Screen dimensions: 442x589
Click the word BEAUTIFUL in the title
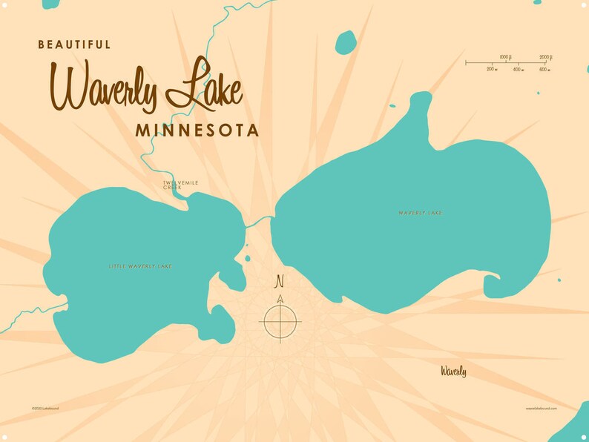(74, 45)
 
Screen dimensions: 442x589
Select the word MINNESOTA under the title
(197, 131)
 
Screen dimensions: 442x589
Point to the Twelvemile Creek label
(181, 185)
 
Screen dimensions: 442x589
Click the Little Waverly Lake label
(139, 265)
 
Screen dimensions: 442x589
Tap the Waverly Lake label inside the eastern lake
(420, 213)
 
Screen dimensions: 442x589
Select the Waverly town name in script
(453, 371)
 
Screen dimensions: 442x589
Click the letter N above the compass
(280, 282)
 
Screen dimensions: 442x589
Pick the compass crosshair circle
(280, 321)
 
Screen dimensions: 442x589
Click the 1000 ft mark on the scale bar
(505, 57)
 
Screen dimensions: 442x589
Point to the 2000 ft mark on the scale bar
(544, 57)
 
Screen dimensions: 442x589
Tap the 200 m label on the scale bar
(492, 69)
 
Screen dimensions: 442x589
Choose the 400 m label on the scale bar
(517, 69)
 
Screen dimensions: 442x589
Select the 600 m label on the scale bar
(543, 69)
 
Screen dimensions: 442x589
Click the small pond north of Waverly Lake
(345, 42)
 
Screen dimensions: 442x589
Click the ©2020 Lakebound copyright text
(45, 408)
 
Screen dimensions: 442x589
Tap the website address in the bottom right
(541, 408)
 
